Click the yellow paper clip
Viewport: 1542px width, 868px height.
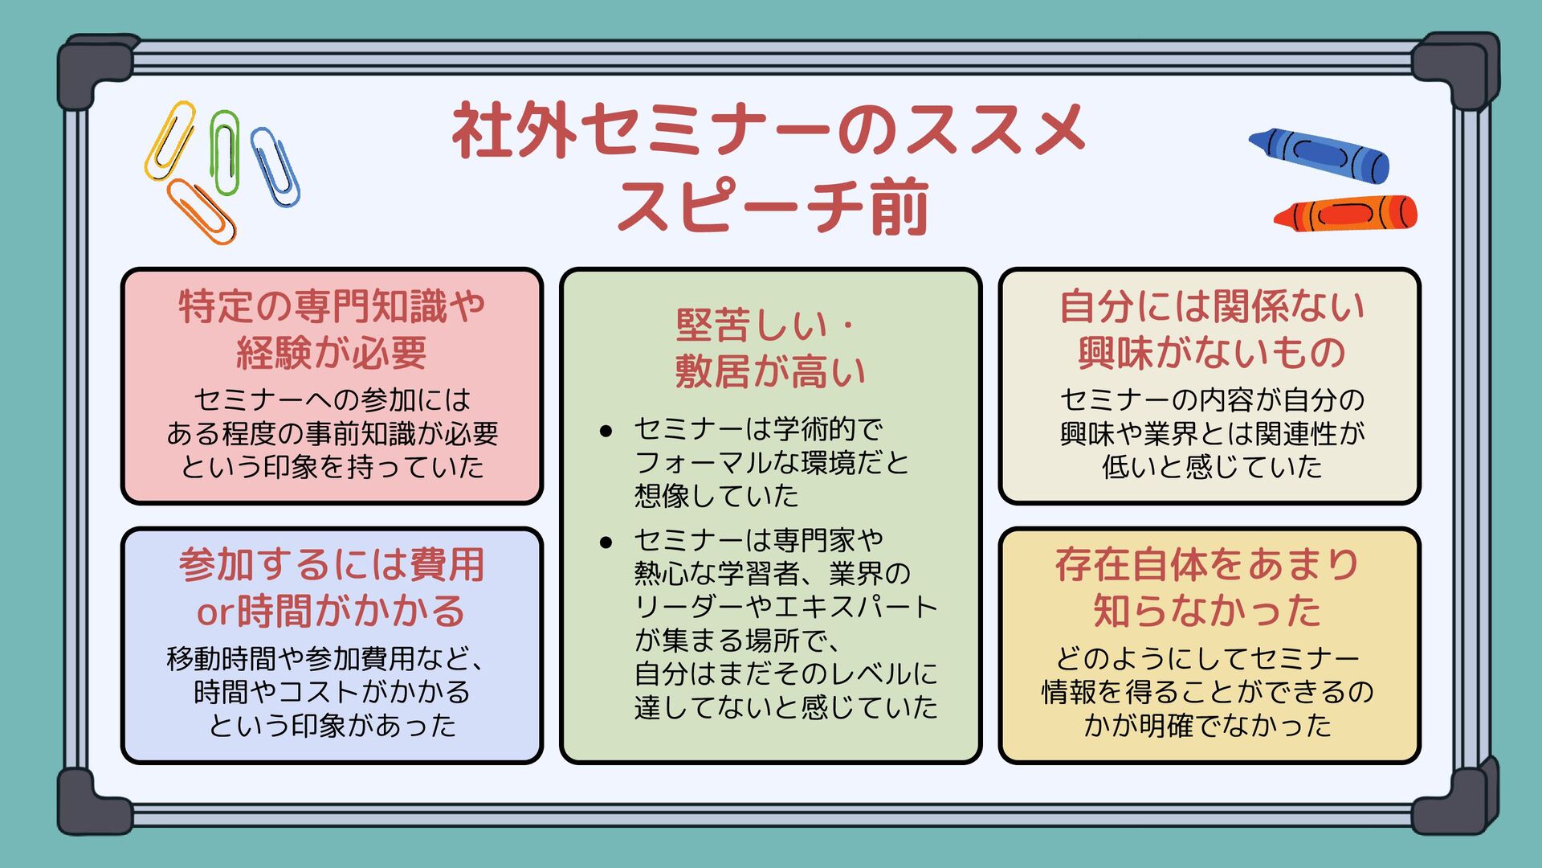point(170,141)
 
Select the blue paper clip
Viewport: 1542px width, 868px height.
point(275,167)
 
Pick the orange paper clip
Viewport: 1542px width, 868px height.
point(202,211)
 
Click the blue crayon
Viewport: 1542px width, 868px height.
point(1320,154)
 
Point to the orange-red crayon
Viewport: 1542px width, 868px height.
point(1346,215)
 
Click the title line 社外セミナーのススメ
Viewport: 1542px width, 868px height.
point(769,130)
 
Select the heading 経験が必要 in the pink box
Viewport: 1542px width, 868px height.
point(332,353)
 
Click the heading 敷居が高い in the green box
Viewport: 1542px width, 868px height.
point(770,371)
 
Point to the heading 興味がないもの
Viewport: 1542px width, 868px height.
point(1211,353)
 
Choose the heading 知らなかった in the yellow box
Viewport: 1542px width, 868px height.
point(1207,611)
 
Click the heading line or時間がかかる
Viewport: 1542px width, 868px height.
point(331,612)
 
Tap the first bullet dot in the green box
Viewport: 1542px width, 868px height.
point(606,432)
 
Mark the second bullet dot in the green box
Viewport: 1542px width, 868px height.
point(606,542)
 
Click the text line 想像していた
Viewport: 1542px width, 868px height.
point(716,496)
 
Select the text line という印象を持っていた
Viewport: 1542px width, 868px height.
point(332,467)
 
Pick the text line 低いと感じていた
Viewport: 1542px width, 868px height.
point(1211,467)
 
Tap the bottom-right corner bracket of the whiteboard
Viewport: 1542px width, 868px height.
point(1454,800)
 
